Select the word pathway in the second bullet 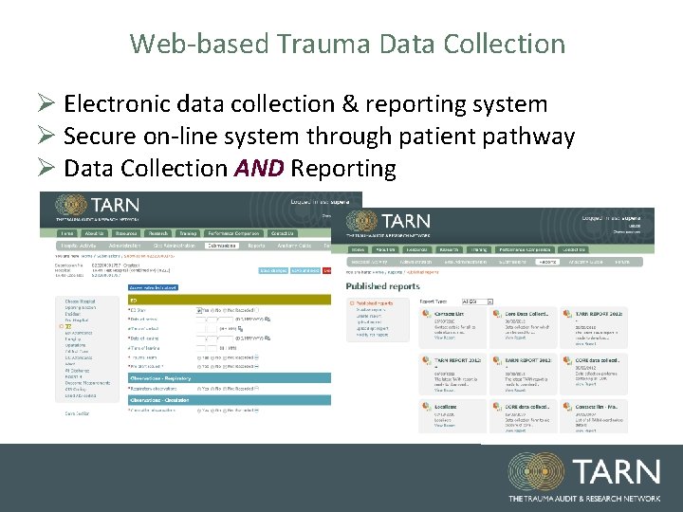(527, 137)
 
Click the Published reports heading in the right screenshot (382, 285)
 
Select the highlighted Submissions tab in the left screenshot (224, 246)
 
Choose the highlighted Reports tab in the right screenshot (547, 261)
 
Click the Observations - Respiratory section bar (175, 377)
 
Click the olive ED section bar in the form (175, 300)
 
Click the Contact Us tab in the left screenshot (282, 233)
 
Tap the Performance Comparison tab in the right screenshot (518, 249)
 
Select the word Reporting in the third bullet (343, 169)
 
